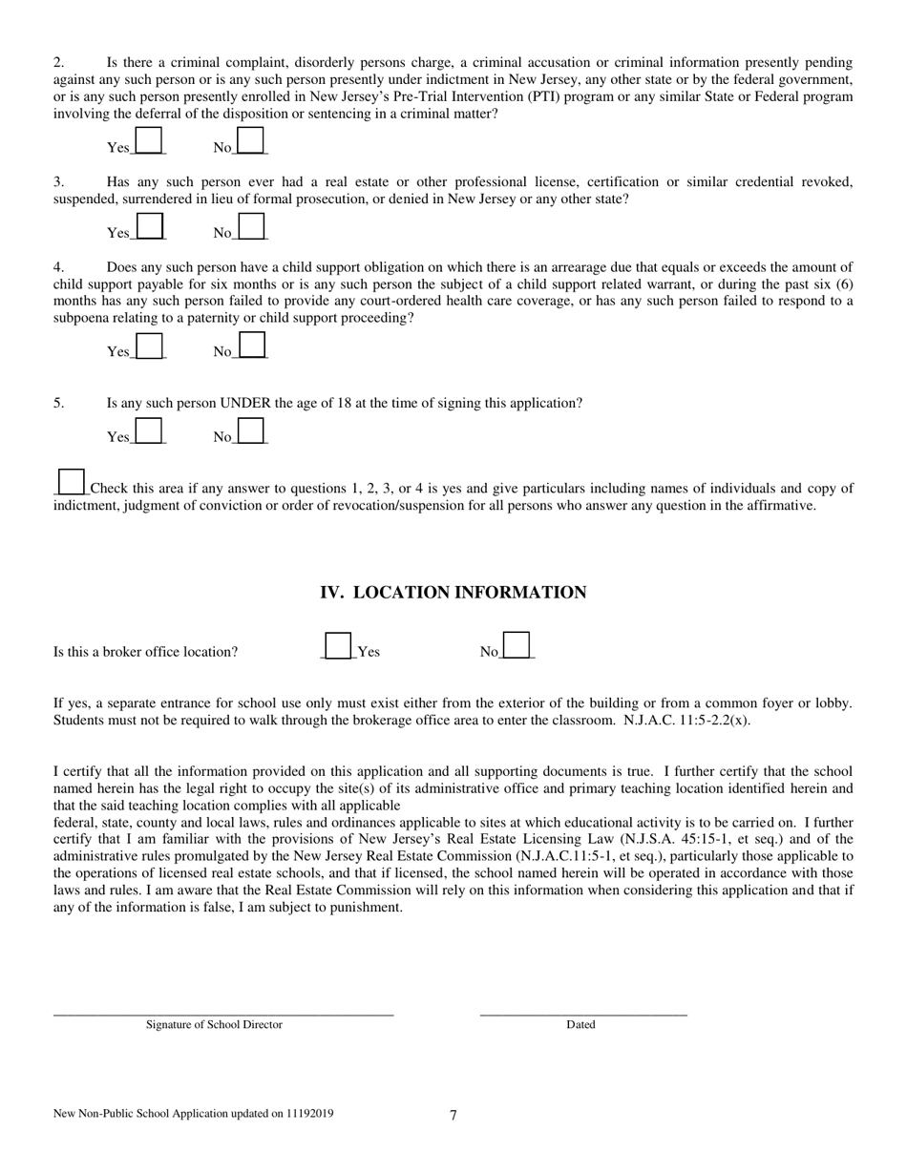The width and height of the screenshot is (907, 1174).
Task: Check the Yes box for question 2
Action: tap(149, 140)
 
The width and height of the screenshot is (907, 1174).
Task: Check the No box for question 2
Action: tap(250, 140)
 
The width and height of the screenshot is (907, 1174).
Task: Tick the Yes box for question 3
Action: tap(149, 226)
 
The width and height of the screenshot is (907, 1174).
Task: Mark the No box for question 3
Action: tap(250, 226)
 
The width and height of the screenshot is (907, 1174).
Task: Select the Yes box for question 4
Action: tap(149, 345)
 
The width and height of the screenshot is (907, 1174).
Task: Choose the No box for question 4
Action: tap(250, 345)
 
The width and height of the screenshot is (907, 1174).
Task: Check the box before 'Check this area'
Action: tap(72, 481)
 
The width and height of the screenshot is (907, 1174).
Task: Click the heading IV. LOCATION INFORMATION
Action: tap(453, 593)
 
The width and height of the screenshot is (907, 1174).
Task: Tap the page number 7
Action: tap(453, 1115)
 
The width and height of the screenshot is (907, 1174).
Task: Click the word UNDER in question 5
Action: tap(245, 403)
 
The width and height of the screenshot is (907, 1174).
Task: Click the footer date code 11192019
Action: tap(309, 1114)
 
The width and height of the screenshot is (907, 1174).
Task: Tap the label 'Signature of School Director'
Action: tap(214, 1025)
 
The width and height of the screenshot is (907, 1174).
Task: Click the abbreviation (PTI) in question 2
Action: tap(560, 96)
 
